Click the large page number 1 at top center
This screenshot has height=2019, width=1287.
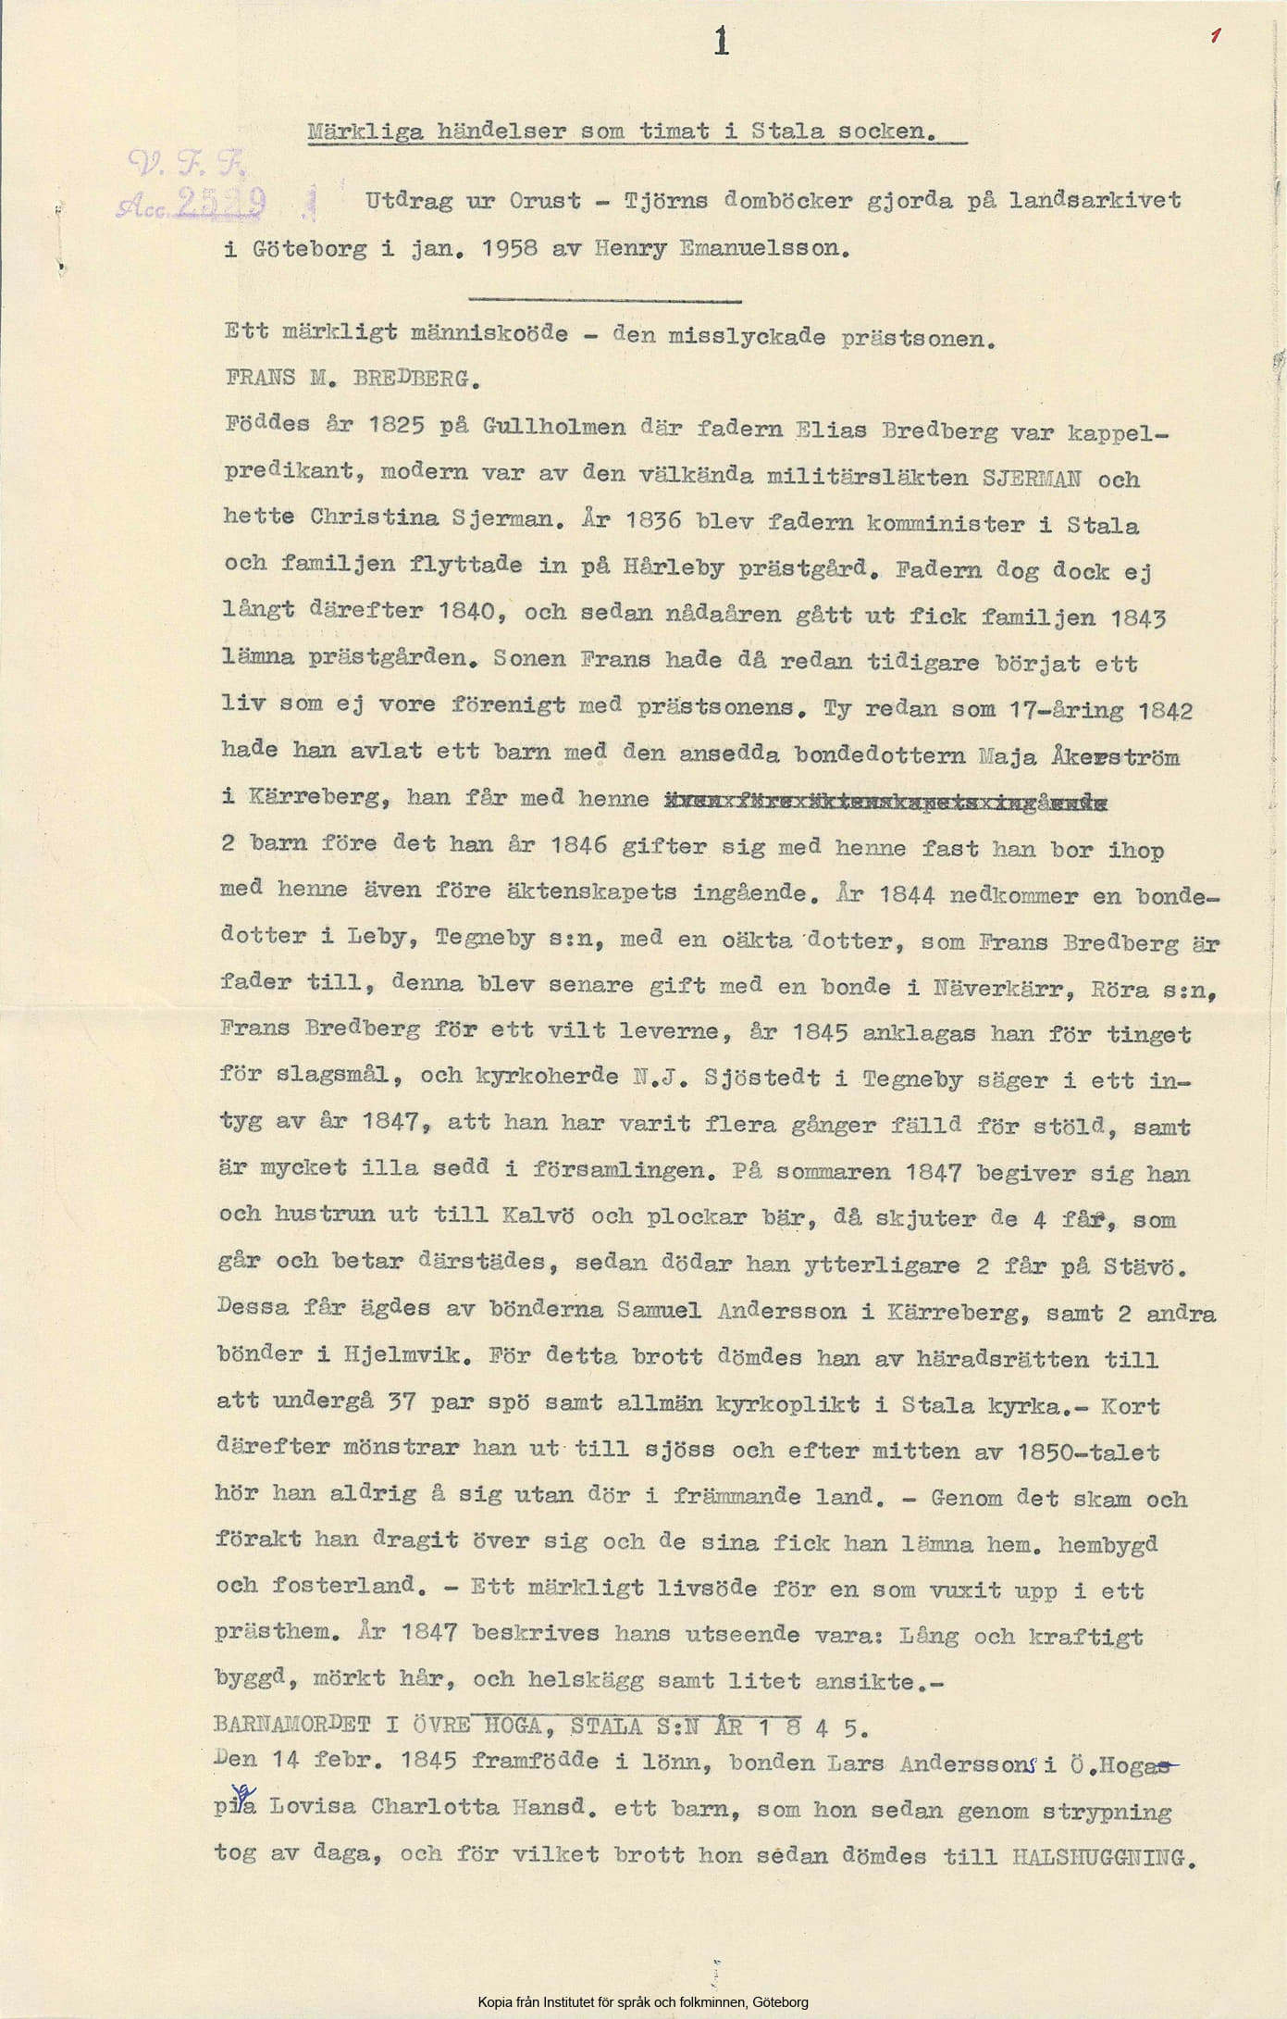722,43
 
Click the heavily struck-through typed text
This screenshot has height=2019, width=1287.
886,801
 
